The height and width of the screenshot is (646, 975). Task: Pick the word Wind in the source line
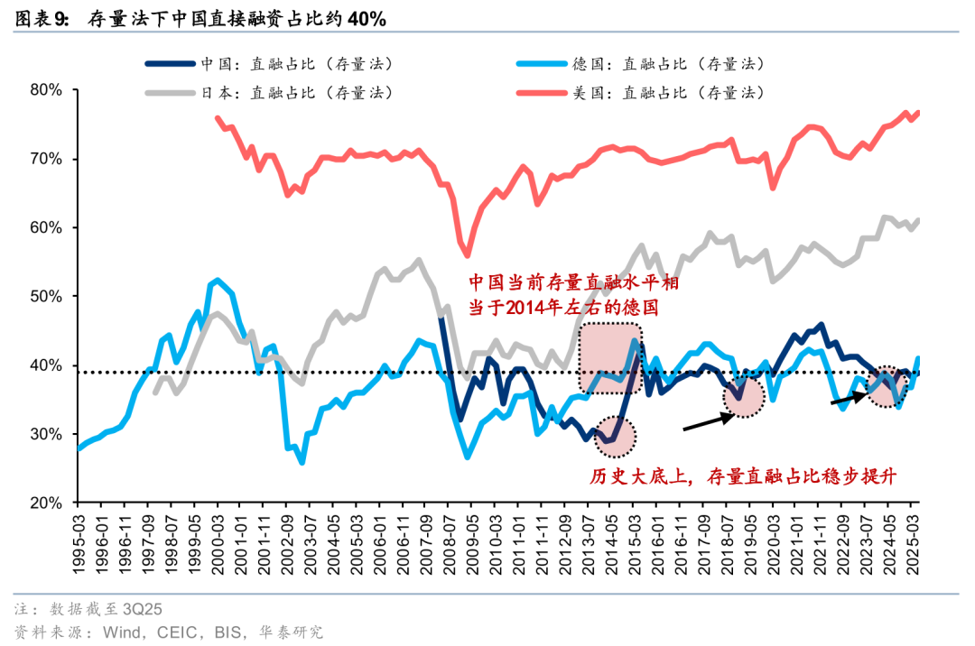click(116, 632)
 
